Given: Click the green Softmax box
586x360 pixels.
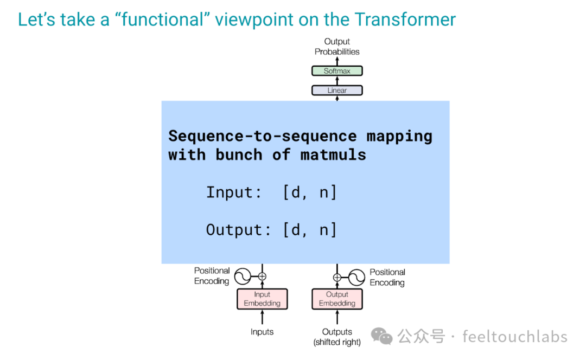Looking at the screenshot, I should [337, 71].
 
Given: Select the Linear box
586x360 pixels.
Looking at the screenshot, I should [337, 91].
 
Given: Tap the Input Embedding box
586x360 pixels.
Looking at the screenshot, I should [262, 299].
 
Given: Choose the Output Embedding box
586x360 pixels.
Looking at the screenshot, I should [337, 299].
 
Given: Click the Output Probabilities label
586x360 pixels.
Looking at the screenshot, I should [337, 47].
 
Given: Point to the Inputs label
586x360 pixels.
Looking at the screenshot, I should [262, 332].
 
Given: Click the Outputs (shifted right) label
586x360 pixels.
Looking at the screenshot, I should [337, 337].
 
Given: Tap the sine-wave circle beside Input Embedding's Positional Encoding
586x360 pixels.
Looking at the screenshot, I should [242, 277].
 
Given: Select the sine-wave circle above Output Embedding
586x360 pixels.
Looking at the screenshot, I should [356, 278].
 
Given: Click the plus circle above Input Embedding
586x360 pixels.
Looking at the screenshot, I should [262, 277].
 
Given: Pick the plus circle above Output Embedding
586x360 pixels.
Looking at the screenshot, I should [337, 278].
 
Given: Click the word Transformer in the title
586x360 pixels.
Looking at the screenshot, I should [405, 20].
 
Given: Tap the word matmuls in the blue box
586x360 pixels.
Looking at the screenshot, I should [333, 155].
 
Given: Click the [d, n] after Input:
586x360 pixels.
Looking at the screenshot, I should [310, 192].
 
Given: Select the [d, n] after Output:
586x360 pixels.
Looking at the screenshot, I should [310, 229].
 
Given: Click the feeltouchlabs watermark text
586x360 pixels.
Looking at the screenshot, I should [515, 337].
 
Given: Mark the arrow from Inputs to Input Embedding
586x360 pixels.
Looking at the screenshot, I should [262, 318].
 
